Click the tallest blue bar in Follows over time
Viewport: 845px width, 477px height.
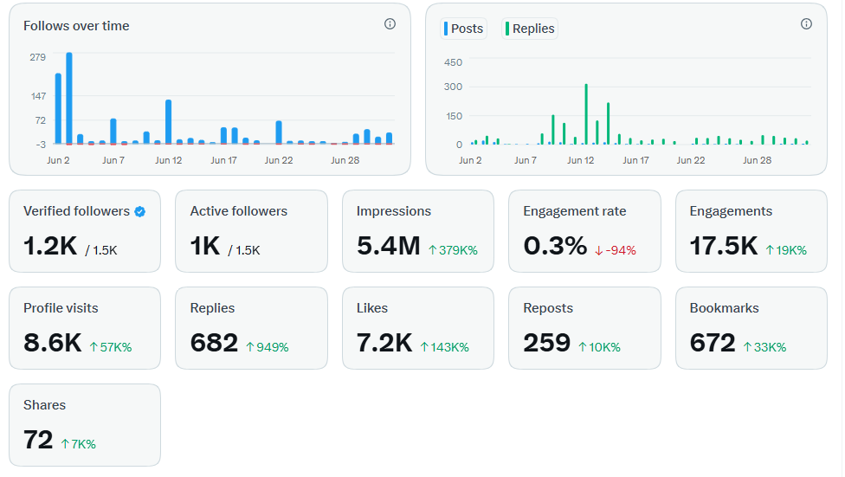click(69, 98)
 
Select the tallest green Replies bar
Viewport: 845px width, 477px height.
click(586, 113)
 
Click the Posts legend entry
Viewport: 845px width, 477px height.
click(463, 29)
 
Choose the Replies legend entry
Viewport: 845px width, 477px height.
click(530, 29)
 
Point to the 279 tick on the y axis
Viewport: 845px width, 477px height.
click(38, 57)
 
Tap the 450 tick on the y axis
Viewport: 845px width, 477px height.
click(453, 62)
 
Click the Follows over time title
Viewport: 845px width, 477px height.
click(76, 26)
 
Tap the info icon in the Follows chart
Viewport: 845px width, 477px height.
click(390, 23)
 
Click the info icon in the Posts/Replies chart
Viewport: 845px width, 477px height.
click(806, 23)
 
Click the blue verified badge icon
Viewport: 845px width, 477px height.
click(140, 212)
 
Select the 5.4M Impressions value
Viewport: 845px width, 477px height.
click(389, 246)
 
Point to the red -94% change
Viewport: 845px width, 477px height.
click(616, 250)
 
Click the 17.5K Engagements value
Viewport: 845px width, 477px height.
click(724, 246)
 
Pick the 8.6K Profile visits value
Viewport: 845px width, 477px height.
click(52, 343)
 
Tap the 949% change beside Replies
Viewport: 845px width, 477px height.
click(268, 347)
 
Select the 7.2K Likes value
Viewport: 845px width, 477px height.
click(384, 343)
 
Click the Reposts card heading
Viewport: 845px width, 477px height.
click(548, 308)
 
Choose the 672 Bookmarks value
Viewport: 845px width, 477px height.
click(713, 343)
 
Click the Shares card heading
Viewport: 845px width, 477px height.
click(45, 405)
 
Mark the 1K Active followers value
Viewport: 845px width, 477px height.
click(205, 246)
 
